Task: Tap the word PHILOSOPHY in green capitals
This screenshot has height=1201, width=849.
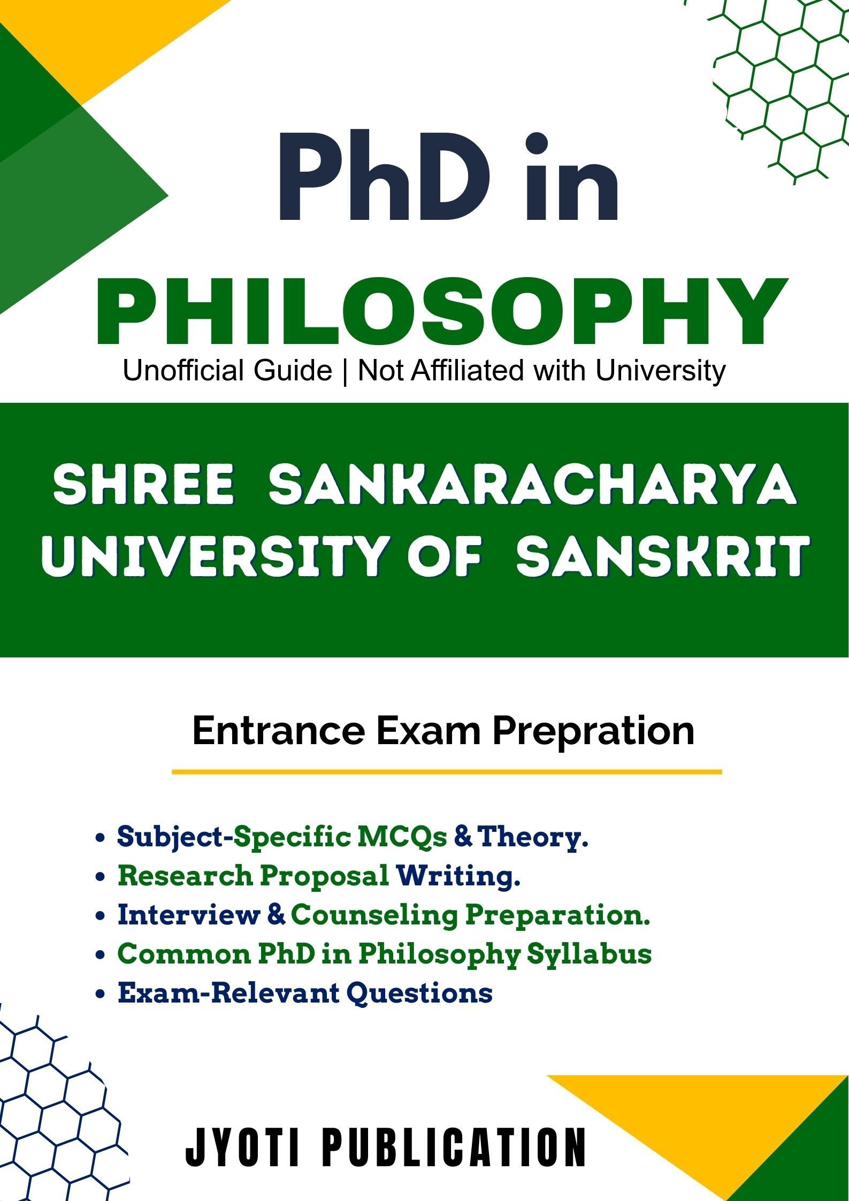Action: coord(442,311)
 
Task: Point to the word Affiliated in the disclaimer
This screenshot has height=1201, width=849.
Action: coord(466,370)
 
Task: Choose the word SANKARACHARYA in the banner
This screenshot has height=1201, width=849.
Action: coord(533,485)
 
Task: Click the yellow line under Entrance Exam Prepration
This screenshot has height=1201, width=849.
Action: coord(447,772)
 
